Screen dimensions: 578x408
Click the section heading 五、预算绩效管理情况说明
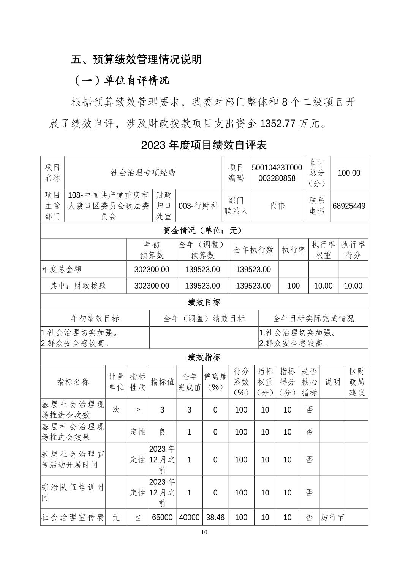136,59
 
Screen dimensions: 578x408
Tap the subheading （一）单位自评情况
121,81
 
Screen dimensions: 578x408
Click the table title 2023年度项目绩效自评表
204,145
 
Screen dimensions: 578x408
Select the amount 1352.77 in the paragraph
277,124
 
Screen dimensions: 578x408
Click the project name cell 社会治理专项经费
143,173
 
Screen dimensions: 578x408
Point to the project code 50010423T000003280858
277,173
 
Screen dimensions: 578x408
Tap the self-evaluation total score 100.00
349,173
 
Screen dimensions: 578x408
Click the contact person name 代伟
277,206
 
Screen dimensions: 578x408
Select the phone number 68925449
349,206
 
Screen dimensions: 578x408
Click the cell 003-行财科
198,206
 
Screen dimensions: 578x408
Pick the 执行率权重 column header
323,250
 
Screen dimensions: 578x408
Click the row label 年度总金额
62,269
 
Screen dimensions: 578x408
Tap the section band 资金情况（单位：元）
204,230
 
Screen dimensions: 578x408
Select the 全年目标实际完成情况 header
313,318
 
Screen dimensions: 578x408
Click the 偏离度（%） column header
215,382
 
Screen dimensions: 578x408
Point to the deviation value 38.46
215,518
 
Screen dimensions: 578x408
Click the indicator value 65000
162,518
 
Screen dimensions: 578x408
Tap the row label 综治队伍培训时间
73,492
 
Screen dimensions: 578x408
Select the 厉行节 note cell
332,518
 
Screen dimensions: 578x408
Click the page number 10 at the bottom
204,532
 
